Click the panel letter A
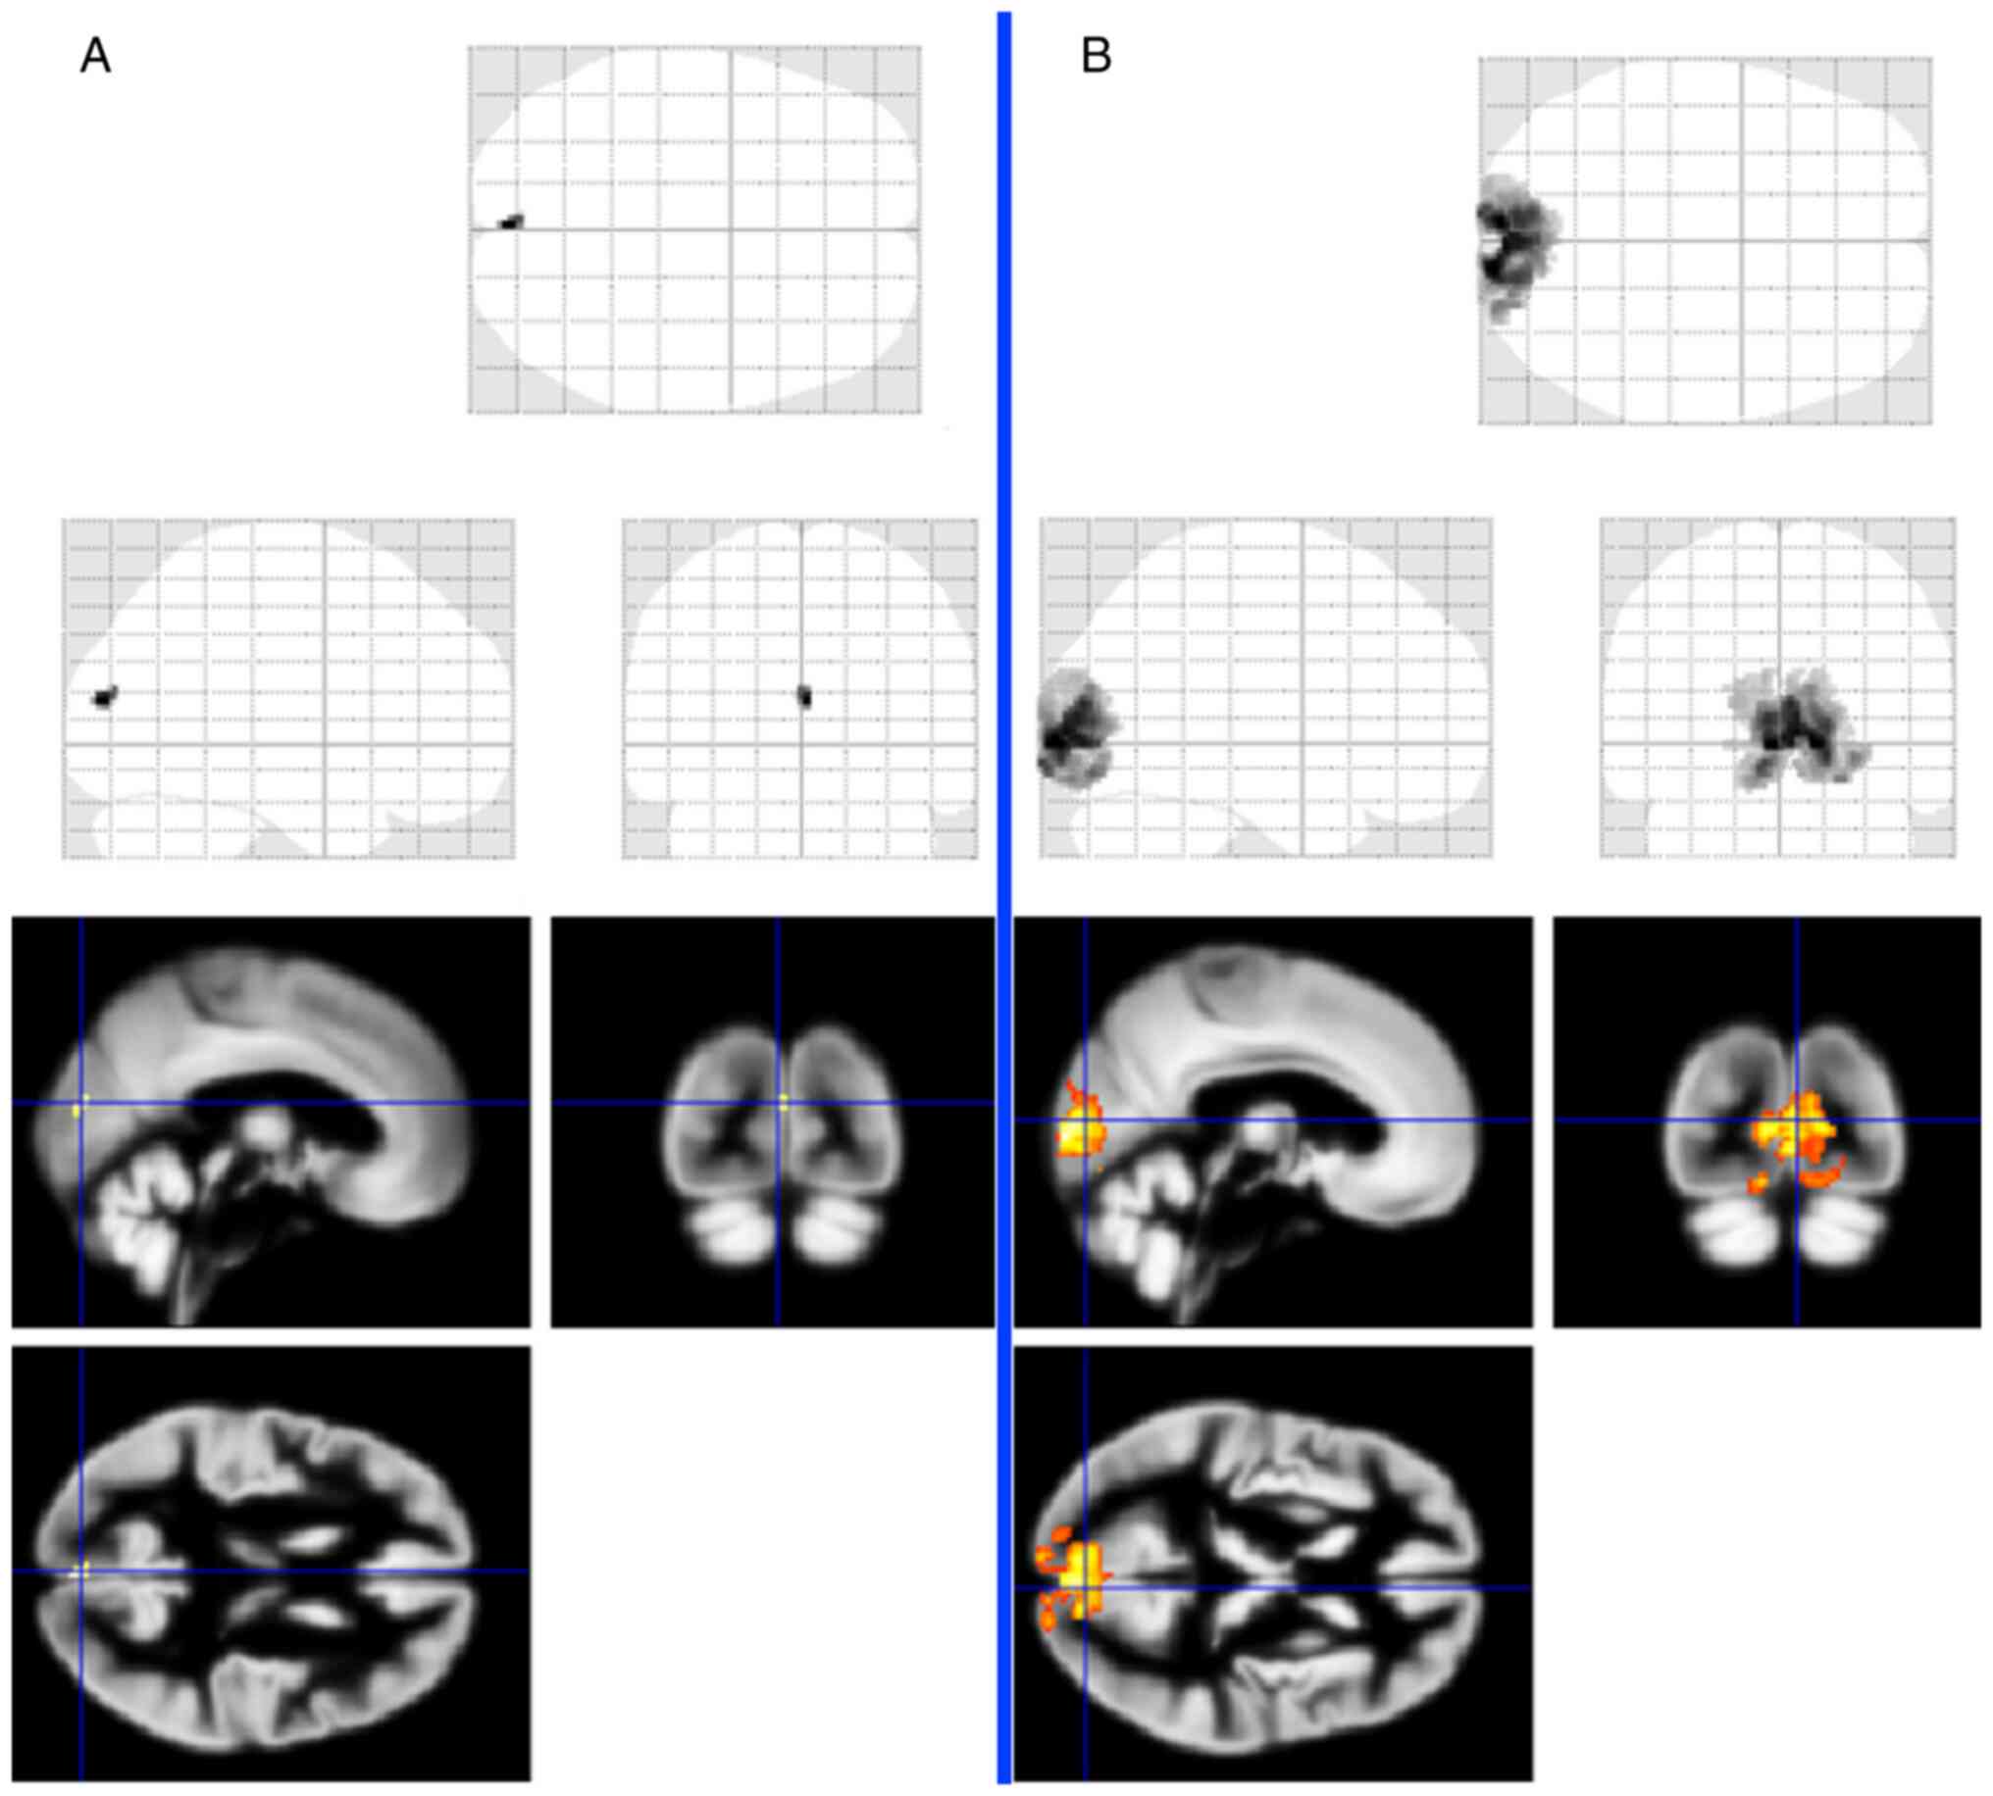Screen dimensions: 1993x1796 tap(95, 56)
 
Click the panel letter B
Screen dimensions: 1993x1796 tap(1096, 56)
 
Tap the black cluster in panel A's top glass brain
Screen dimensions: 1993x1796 tap(510, 222)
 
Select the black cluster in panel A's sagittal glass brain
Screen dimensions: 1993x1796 tap(104, 697)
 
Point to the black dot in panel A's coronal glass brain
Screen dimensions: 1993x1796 tap(804, 696)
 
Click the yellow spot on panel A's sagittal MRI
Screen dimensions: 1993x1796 tap(77, 1110)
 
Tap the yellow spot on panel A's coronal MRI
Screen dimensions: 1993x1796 tap(784, 1103)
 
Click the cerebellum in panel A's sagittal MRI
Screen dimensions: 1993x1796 tap(148, 1223)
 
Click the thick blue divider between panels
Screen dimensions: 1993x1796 tap(1004, 888)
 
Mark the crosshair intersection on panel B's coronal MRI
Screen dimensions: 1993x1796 tap(1797, 1120)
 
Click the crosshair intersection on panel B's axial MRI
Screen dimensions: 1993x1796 tap(1085, 1588)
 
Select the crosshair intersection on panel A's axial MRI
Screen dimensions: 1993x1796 tap(81, 1570)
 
